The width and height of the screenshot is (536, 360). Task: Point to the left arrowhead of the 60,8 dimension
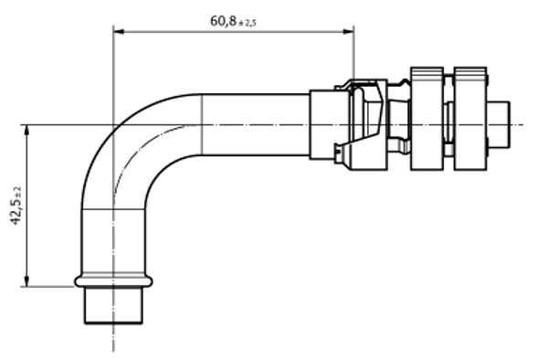pyautogui.click(x=118, y=32)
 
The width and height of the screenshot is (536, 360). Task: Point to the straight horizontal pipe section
pyautogui.click(x=256, y=124)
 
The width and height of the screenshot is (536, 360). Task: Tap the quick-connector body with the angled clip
pyautogui.click(x=365, y=123)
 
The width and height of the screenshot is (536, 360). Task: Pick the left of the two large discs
pyautogui.click(x=426, y=119)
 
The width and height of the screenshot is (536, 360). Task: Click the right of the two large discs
pyautogui.click(x=470, y=119)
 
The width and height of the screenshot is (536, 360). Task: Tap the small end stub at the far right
pyautogui.click(x=501, y=124)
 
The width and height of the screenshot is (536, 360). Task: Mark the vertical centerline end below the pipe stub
pyautogui.click(x=113, y=347)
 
